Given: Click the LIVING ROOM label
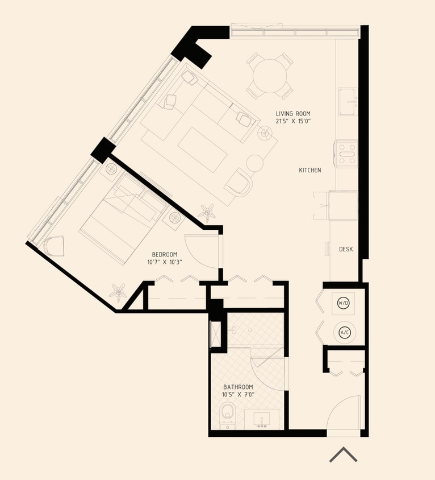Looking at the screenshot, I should [x=293, y=114].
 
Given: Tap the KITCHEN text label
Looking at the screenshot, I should [x=310, y=170].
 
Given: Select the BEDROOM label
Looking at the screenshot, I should [x=165, y=254].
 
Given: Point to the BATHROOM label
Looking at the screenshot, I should [x=238, y=387].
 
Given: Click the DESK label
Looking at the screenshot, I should [x=346, y=249].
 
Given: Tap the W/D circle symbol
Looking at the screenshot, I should [x=344, y=304].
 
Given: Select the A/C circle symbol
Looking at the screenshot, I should [x=344, y=332].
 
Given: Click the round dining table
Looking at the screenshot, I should [x=270, y=76].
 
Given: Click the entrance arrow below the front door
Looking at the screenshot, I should [x=344, y=454].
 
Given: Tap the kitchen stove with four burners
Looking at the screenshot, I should [x=346, y=154].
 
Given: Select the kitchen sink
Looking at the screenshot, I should [x=348, y=102].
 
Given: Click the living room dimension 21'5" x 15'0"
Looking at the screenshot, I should [x=293, y=122].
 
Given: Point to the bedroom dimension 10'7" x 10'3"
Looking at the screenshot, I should [x=165, y=262].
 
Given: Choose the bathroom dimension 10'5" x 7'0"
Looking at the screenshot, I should [x=238, y=394].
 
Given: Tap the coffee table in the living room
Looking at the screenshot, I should [x=203, y=149].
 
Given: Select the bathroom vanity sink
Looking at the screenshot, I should [x=262, y=420].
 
